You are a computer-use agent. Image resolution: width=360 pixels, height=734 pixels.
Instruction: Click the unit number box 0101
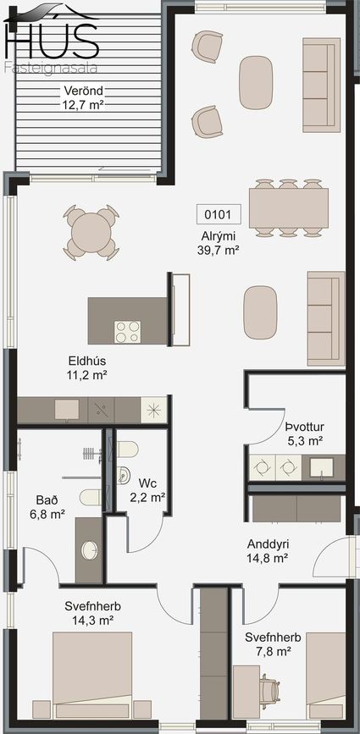point(219,214)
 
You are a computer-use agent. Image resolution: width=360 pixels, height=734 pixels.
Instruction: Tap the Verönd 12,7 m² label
point(83,97)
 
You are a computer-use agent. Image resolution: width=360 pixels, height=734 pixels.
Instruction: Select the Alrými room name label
point(219,237)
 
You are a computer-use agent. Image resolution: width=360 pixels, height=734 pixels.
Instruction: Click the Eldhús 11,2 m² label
point(87,367)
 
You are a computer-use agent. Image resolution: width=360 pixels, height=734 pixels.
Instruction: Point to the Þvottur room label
point(305,427)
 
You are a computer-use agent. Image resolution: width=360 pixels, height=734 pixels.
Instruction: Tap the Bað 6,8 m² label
point(47,507)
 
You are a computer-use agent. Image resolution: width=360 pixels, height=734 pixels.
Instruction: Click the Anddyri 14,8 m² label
point(268,550)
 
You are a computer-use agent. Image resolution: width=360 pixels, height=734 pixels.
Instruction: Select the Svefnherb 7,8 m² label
point(273,643)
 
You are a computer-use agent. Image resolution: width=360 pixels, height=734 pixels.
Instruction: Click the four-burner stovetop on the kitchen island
point(128,332)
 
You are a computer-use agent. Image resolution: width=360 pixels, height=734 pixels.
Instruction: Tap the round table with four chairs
point(91,233)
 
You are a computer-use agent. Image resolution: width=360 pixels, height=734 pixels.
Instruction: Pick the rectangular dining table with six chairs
point(288,208)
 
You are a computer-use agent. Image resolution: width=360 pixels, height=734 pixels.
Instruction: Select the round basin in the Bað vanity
point(90,550)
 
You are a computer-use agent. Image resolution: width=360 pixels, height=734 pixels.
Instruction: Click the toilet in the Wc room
point(128,450)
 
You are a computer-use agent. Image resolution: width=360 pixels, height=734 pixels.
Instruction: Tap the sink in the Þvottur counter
point(321,466)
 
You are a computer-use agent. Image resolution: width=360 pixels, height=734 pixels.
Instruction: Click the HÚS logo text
point(52,37)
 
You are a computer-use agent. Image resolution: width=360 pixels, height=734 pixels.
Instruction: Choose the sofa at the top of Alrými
point(321,85)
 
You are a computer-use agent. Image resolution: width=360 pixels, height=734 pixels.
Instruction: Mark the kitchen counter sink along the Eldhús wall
point(66,409)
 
